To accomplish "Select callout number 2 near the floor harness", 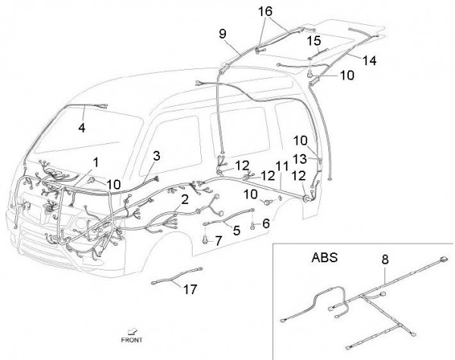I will (x=184, y=200).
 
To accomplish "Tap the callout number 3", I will (x=155, y=156).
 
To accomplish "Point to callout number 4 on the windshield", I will (x=81, y=127).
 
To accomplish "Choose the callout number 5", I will (x=236, y=230).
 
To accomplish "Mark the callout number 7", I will (x=218, y=241).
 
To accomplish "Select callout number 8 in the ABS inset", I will (x=384, y=259).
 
